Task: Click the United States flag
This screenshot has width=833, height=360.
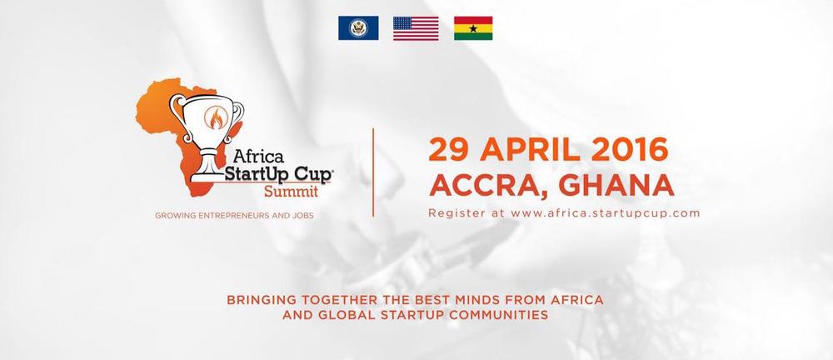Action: [416, 28]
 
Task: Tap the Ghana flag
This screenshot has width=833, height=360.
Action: [473, 28]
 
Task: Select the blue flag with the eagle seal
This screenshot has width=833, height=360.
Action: [358, 28]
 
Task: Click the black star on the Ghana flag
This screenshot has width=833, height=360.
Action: [473, 28]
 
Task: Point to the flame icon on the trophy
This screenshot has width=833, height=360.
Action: [217, 117]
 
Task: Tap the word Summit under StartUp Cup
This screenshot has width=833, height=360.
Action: [291, 191]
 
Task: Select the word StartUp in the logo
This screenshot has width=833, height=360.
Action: [257, 174]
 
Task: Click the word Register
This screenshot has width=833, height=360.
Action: [456, 213]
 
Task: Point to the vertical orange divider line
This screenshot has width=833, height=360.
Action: [373, 172]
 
